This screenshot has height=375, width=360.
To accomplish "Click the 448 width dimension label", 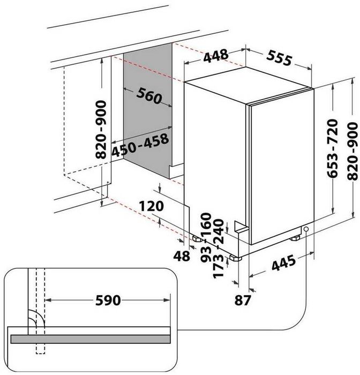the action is [x=216, y=56].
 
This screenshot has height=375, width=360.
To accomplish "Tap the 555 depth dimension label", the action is [x=279, y=58].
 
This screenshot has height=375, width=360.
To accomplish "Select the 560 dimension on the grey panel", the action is [x=149, y=96].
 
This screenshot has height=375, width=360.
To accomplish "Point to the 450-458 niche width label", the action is [x=140, y=145].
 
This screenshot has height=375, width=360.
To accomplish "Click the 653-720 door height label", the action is [x=333, y=148].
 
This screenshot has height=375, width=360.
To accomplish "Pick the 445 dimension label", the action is [x=284, y=263].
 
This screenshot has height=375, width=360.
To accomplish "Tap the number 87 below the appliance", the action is [x=243, y=300].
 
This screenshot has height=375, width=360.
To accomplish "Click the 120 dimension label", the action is [x=152, y=206].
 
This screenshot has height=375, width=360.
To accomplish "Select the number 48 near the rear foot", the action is [x=182, y=256].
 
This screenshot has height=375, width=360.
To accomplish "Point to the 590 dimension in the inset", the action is [x=108, y=300].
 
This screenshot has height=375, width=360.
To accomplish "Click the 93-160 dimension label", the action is [x=206, y=237].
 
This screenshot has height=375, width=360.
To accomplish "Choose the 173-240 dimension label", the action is [x=218, y=249].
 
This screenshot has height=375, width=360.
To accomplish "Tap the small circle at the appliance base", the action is [x=306, y=229].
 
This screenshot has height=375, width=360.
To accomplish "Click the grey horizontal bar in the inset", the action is [x=91, y=339].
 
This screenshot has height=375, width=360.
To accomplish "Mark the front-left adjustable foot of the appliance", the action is [x=235, y=258].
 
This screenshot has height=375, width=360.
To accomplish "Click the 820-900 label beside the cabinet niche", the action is [x=101, y=130].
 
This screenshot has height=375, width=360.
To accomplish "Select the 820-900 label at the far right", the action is [x=352, y=151].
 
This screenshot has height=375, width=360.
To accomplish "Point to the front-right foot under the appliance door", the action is [x=295, y=238].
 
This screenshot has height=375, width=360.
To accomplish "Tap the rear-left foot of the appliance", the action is [x=197, y=239].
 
